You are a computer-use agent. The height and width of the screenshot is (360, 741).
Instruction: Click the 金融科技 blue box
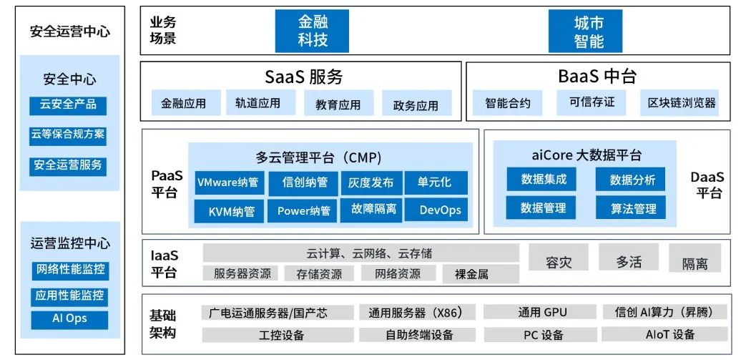(x=313, y=31)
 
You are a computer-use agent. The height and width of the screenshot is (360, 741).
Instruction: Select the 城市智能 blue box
(x=589, y=31)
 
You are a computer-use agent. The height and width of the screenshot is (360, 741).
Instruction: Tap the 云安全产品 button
(x=68, y=104)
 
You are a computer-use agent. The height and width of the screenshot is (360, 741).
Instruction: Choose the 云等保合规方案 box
(x=68, y=135)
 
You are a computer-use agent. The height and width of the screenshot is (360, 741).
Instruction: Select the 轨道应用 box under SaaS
(x=257, y=103)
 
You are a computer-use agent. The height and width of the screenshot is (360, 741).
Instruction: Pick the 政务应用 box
(x=416, y=105)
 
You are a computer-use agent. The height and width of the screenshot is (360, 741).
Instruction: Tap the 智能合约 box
(x=508, y=103)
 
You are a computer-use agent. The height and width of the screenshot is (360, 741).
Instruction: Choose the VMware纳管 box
(x=228, y=182)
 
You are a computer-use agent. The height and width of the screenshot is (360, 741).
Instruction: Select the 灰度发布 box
(x=370, y=182)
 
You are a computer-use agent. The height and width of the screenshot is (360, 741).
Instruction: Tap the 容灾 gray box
(x=559, y=261)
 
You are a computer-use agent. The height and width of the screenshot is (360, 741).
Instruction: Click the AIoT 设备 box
(x=669, y=334)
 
